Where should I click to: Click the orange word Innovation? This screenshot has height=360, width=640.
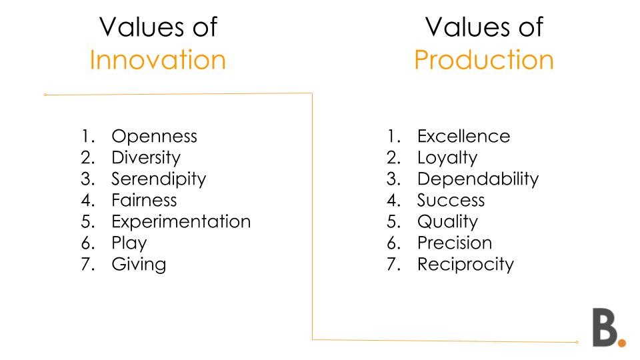click(x=157, y=60)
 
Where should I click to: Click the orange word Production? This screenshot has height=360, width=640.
click(x=484, y=60)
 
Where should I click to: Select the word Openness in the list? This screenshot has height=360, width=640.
click(x=154, y=136)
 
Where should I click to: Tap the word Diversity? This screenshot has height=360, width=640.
click(x=146, y=158)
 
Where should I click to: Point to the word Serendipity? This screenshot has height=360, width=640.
click(x=159, y=179)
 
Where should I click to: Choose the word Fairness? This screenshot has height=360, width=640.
click(x=144, y=200)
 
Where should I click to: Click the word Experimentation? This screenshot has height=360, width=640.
click(x=181, y=221)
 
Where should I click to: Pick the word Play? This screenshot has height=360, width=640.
click(x=129, y=243)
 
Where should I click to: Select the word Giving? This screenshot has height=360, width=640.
click(x=139, y=265)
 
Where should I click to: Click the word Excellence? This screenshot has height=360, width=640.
click(x=464, y=136)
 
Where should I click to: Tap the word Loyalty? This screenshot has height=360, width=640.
click(x=447, y=158)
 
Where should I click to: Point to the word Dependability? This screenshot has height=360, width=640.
click(x=478, y=179)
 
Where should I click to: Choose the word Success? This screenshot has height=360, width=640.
click(x=451, y=201)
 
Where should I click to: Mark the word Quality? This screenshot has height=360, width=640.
click(x=447, y=221)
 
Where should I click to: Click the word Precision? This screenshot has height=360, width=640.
click(x=455, y=243)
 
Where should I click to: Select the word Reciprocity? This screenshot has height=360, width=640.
click(x=465, y=265)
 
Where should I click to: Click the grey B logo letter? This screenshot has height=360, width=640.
click(x=605, y=327)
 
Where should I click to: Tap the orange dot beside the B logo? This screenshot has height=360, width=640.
click(x=622, y=343)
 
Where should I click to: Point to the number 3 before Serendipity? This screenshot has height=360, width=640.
click(x=87, y=179)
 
